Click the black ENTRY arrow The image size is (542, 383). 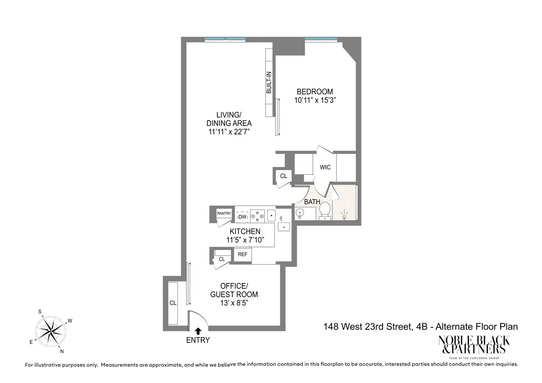(198, 331)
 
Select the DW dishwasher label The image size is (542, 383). (242, 217)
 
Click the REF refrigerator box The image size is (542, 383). (243, 254)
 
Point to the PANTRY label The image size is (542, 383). (224, 213)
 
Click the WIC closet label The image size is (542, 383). (325, 167)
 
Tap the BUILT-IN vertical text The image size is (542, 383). (269, 83)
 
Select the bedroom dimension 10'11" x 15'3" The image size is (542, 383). (315, 100)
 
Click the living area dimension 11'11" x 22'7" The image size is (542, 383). (229, 132)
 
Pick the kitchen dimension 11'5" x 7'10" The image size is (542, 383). (245, 240)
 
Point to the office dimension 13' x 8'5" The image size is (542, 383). (234, 303)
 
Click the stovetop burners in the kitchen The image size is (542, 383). (257, 216)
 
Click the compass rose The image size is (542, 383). (51, 331)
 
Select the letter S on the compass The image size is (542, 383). (40, 312)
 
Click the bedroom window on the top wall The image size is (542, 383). (321, 39)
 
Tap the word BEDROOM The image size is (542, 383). (315, 92)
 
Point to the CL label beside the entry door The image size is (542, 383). (173, 303)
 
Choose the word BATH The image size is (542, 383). (312, 202)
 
